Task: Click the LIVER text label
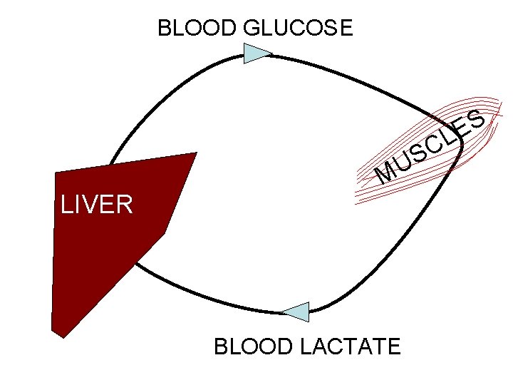coord(96,205)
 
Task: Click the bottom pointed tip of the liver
coord(63,336)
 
